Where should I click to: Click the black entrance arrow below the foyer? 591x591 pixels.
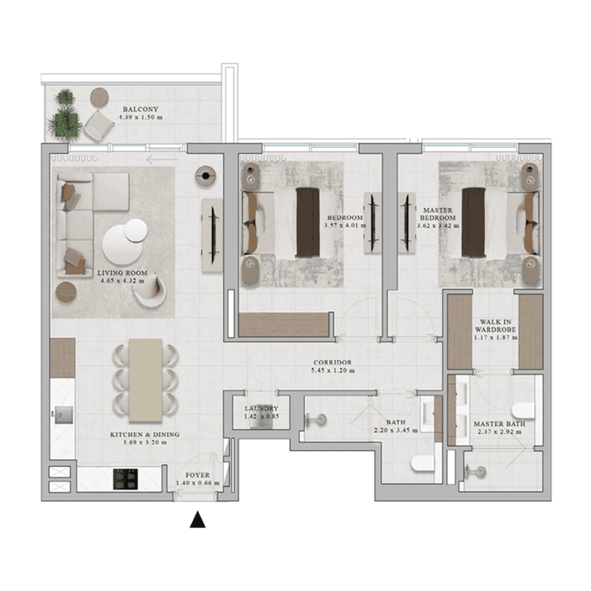(198, 520)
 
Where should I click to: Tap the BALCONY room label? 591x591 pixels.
(140, 110)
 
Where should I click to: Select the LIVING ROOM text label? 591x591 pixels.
(122, 273)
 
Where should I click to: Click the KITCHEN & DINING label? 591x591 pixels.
(144, 434)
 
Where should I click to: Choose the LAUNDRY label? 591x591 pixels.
(261, 408)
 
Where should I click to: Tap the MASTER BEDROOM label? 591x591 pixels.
(437, 215)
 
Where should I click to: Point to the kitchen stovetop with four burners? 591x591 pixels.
(125, 478)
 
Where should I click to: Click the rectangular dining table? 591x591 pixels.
(147, 380)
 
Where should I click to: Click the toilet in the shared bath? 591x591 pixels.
(423, 463)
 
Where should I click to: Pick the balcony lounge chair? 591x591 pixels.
(99, 125)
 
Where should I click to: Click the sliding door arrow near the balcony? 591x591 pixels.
(162, 160)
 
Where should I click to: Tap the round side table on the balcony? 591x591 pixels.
(99, 97)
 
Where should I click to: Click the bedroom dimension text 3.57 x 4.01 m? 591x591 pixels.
(345, 225)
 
